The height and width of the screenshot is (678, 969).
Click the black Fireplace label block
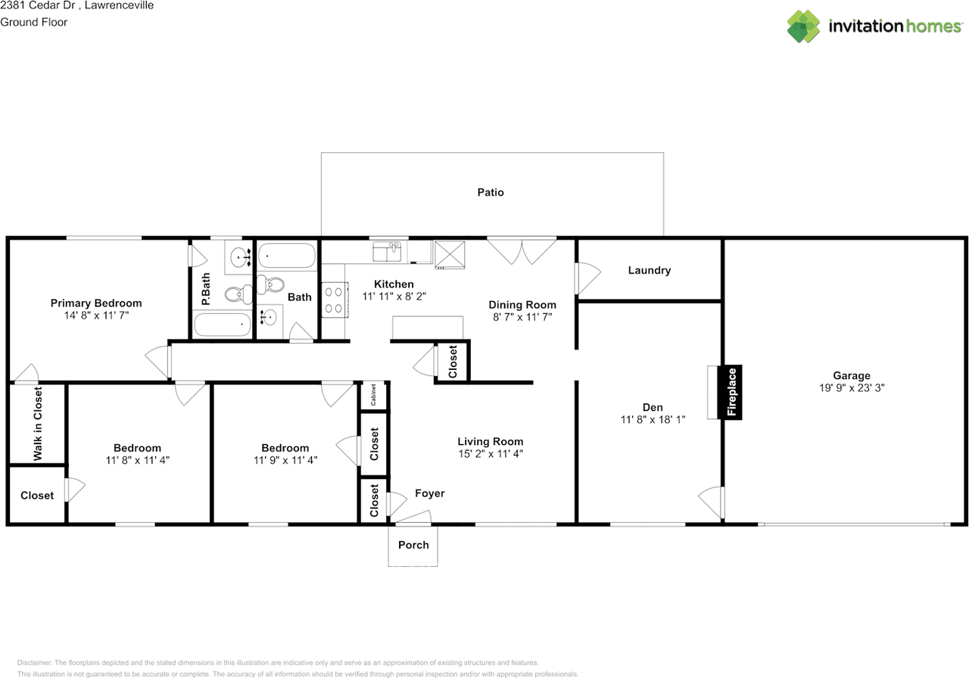(x=730, y=392)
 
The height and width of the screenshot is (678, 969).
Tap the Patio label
(x=491, y=192)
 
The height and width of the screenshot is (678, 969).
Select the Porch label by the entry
(x=413, y=545)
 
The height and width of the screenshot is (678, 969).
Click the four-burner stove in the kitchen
(x=334, y=300)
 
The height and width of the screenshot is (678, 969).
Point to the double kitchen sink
(x=387, y=252)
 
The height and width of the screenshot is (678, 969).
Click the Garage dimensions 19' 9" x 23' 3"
(x=852, y=388)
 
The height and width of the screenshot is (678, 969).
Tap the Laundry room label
(x=650, y=270)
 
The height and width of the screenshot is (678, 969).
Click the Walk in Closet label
(x=38, y=424)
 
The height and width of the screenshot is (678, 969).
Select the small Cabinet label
(x=373, y=395)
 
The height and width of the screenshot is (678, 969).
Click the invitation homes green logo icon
(x=803, y=26)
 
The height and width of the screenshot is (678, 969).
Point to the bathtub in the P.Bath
(x=223, y=325)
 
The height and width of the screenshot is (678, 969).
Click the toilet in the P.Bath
(x=238, y=294)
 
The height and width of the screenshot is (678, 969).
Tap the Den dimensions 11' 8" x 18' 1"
(x=653, y=419)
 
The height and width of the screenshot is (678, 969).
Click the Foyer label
(x=429, y=493)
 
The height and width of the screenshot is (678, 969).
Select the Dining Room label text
(x=522, y=305)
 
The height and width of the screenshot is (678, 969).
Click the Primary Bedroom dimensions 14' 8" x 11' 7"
(x=96, y=316)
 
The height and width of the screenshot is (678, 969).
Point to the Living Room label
(x=491, y=441)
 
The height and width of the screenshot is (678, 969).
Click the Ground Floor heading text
(x=34, y=22)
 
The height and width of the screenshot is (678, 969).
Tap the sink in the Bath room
(x=268, y=317)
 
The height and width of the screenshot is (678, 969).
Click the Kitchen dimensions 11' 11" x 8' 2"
(x=394, y=296)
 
